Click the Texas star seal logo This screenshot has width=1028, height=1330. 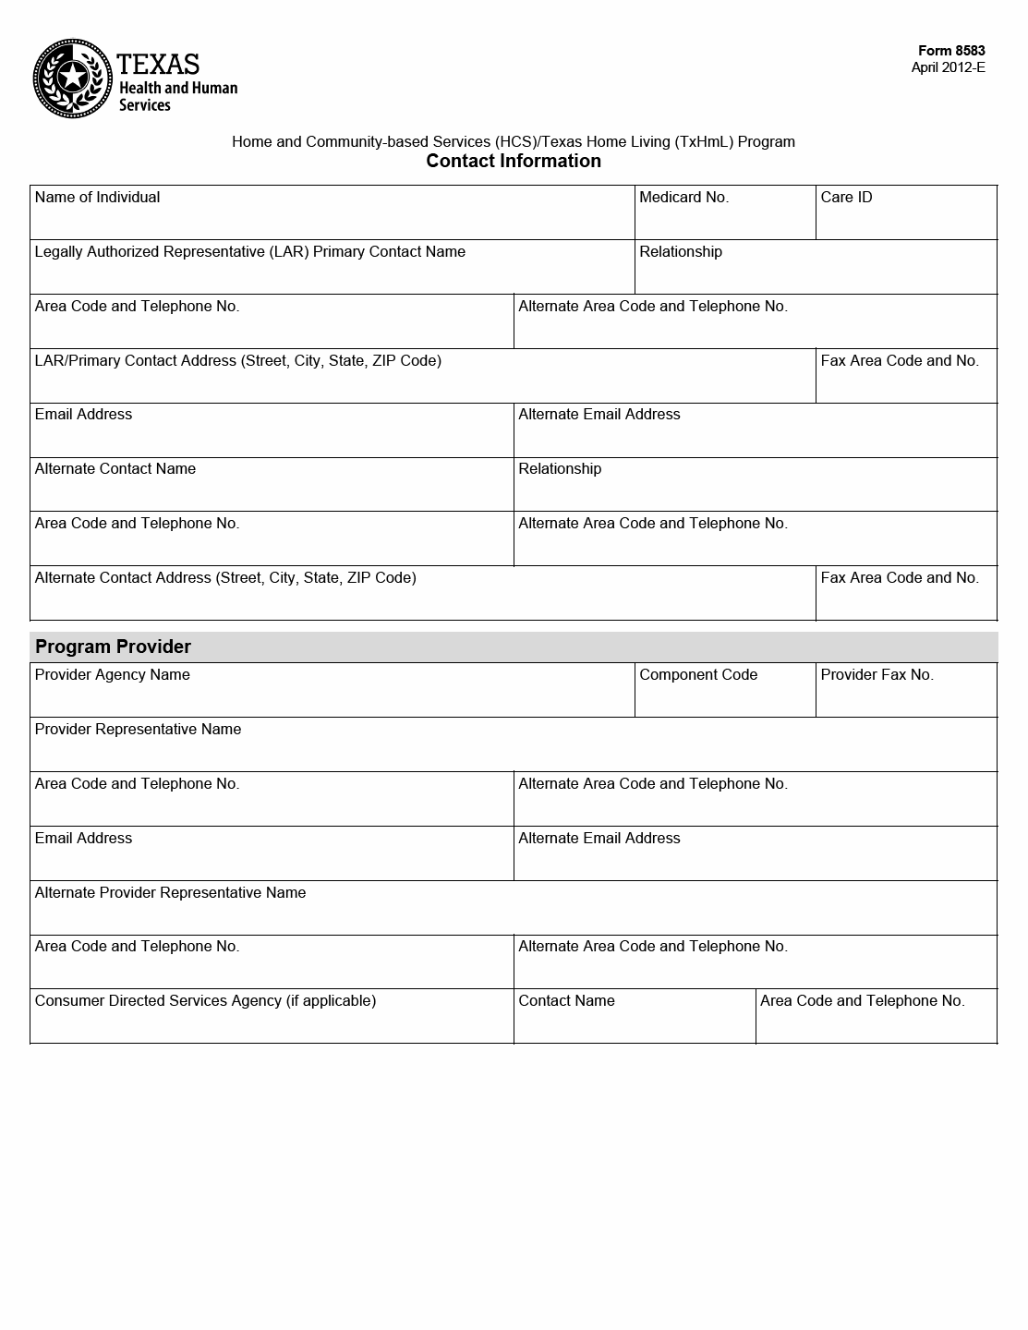73,79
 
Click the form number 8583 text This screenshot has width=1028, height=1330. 951,51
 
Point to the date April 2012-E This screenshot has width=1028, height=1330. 948,66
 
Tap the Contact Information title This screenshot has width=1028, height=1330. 514,161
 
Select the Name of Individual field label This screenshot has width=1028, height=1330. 97,197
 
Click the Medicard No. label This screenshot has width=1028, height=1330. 683,197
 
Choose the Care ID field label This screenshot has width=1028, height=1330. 846,197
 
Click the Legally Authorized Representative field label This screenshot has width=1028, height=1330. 249,251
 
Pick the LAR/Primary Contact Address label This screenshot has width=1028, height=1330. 237,360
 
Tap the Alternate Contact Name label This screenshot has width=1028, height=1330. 115,468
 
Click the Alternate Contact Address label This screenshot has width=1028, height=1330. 225,577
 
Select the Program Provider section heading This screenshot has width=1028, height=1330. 113,647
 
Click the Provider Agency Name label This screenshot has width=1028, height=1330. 112,674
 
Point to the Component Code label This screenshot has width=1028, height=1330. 698,674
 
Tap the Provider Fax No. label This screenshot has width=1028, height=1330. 877,674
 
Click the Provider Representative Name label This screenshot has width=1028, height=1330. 138,729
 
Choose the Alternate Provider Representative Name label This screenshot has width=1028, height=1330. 170,892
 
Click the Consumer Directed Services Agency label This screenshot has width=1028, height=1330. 205,1000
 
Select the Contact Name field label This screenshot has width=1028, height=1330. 566,1000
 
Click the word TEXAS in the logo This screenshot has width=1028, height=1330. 158,64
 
